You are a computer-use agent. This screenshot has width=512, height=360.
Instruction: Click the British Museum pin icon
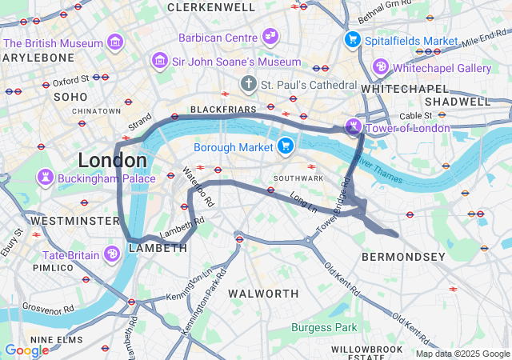click(x=116, y=42)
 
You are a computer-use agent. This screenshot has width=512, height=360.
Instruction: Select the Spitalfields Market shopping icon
click(x=352, y=39)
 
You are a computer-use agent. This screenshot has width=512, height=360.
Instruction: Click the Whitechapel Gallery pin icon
click(x=381, y=67)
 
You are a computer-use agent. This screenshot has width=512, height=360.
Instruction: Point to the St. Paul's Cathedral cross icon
click(x=249, y=84)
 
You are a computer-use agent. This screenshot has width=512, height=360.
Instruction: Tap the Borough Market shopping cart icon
click(x=285, y=146)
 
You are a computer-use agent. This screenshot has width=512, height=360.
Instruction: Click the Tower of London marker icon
click(x=353, y=126)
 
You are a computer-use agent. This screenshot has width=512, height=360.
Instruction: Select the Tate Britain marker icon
click(x=113, y=254)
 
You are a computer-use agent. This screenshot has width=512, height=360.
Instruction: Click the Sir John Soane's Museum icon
click(x=160, y=61)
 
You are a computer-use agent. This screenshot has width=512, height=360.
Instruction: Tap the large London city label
click(x=111, y=159)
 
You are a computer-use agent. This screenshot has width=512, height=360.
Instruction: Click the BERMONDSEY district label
click(x=403, y=257)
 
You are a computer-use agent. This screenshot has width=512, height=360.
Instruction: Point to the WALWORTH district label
click(x=263, y=294)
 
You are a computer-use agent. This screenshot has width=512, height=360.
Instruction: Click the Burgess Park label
click(x=324, y=327)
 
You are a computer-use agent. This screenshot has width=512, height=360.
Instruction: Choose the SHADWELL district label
click(x=457, y=102)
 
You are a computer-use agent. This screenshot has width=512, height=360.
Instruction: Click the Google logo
click(x=26, y=350)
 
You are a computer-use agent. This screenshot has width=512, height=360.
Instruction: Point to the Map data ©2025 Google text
click(x=462, y=354)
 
